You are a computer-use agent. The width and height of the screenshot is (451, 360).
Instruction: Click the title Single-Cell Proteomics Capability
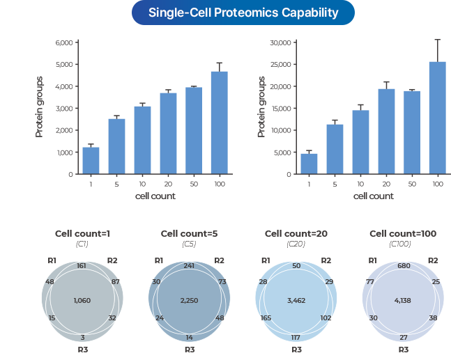click(243, 13)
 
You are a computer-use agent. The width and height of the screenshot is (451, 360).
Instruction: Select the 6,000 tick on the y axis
click(64, 42)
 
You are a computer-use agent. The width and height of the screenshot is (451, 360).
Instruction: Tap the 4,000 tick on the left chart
click(64, 86)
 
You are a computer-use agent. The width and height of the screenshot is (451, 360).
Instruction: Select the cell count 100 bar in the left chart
click(220, 123)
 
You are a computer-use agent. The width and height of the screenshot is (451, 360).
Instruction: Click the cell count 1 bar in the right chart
click(309, 164)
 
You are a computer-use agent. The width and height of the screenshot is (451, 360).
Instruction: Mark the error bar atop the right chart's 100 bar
click(437, 50)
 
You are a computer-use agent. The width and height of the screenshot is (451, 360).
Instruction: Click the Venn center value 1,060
click(82, 300)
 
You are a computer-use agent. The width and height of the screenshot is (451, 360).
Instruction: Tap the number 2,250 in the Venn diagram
click(189, 300)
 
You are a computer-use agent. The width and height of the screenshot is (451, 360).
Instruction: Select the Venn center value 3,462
click(296, 300)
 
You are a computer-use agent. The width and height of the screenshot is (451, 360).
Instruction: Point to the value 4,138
click(403, 300)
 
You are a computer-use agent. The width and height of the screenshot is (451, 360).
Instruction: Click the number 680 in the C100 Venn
click(403, 266)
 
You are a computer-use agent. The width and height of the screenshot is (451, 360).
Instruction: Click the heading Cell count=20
click(296, 233)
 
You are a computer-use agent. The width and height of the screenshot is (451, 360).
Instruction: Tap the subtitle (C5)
click(189, 244)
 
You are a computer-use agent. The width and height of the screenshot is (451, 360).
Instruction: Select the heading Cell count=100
click(403, 233)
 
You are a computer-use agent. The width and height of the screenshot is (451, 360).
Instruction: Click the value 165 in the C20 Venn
click(265, 318)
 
